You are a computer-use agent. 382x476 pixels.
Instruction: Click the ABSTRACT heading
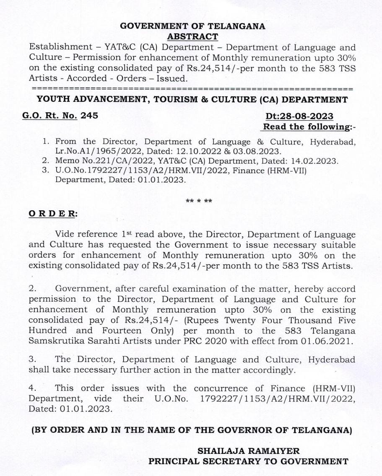point(192,37)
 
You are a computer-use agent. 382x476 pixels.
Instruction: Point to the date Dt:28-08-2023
point(299,116)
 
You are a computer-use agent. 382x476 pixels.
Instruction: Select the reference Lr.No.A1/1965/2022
point(93,152)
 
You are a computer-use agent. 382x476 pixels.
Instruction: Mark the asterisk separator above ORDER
point(199,201)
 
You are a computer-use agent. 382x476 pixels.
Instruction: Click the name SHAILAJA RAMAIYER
point(249,451)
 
